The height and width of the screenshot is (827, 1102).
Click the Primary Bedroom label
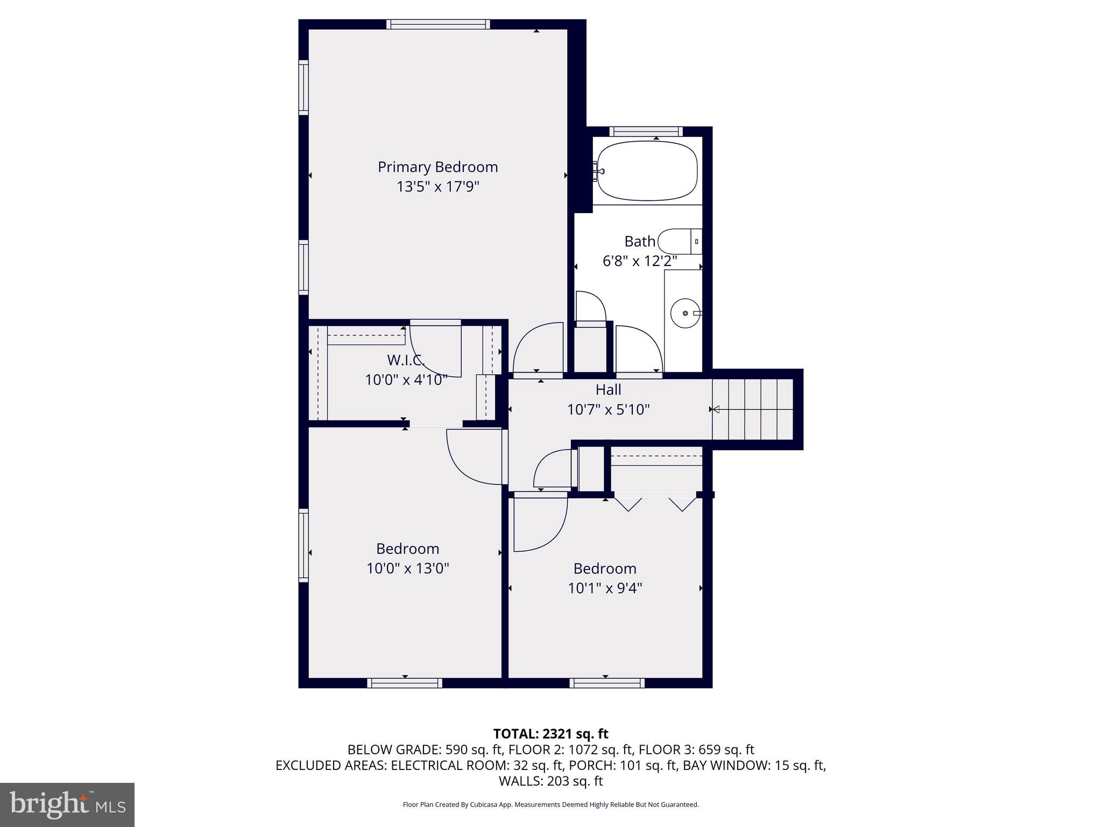437,167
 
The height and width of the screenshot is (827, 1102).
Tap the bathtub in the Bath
647,170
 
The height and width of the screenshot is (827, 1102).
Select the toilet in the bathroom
680,242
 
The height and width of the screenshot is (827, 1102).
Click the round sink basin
685,313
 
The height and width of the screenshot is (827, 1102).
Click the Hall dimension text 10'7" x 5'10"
608,410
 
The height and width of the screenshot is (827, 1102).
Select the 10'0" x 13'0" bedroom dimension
407,569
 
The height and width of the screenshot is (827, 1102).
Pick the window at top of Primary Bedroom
438,24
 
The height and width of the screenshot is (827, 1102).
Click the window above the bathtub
646,131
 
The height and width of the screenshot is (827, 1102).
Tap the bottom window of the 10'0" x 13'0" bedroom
405,683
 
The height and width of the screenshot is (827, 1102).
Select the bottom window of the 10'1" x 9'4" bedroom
607,683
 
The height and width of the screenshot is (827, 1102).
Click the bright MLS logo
67,804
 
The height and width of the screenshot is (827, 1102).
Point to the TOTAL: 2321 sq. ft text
550,734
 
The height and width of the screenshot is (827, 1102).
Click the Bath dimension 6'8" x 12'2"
639,261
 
